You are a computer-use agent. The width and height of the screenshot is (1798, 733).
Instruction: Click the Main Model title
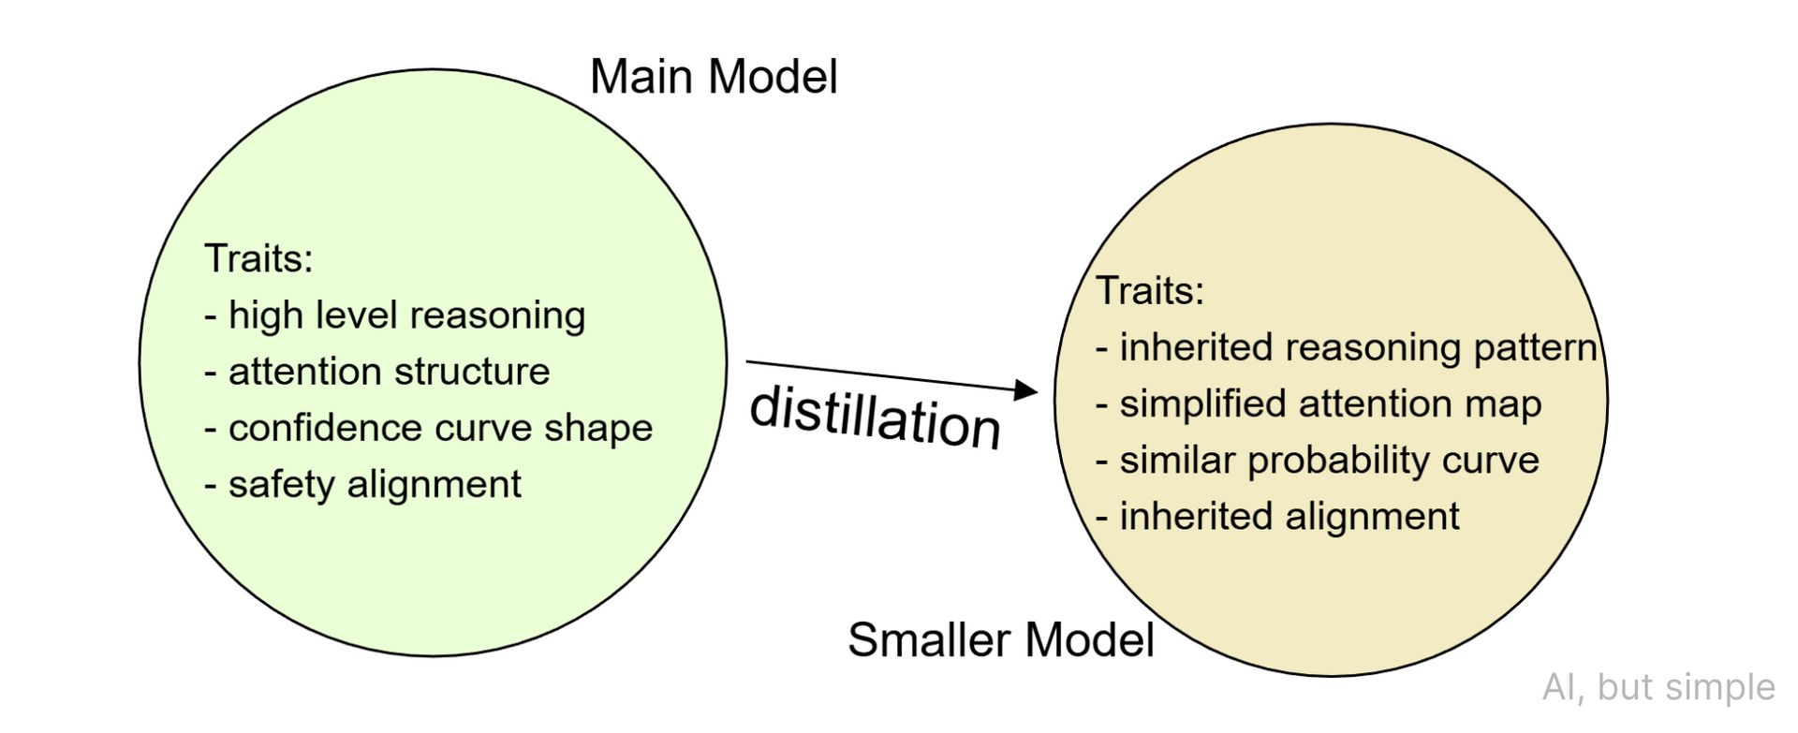tap(714, 77)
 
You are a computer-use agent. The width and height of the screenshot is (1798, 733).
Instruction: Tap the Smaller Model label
tap(1000, 640)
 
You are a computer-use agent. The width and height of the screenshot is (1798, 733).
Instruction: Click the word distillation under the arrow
tap(876, 418)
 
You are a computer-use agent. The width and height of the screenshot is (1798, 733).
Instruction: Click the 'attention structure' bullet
tap(377, 372)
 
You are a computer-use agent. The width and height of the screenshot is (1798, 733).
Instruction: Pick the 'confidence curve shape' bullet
tap(429, 428)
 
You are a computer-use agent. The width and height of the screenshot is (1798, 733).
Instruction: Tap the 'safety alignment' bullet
tap(363, 484)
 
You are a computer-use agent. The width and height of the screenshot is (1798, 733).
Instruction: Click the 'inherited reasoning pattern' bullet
tap(1347, 347)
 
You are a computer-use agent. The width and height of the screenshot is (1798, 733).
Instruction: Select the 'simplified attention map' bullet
tap(1319, 403)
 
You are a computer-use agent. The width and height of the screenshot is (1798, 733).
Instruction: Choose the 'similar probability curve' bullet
tap(1318, 460)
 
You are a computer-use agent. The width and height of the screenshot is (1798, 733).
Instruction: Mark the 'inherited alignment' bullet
tap(1278, 516)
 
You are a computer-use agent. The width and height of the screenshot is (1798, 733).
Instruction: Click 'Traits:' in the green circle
tap(258, 258)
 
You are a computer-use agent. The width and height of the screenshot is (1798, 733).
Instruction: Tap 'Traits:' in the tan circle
tap(1150, 290)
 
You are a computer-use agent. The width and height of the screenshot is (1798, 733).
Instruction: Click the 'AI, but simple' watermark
tap(1658, 687)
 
